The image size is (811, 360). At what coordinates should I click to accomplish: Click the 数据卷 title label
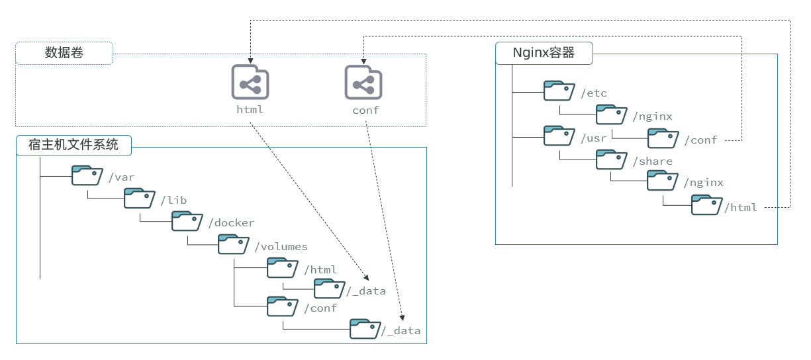click(64, 53)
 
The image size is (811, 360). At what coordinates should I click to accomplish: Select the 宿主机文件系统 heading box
click(73, 145)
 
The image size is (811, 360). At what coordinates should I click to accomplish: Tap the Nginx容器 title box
click(544, 53)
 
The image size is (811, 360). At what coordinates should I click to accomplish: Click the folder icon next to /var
click(87, 175)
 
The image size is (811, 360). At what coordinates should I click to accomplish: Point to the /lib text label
click(173, 200)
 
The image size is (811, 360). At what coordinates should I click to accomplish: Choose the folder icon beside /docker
click(187, 221)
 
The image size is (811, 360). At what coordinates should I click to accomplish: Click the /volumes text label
click(281, 247)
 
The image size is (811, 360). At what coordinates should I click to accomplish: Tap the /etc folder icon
click(559, 91)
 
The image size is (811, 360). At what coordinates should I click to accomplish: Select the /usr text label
click(594, 138)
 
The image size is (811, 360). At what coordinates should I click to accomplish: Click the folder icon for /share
click(610, 159)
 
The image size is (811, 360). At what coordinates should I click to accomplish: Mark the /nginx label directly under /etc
click(652, 117)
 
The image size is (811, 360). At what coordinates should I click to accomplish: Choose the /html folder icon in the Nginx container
click(706, 204)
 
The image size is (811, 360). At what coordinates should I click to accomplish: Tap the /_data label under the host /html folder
click(366, 291)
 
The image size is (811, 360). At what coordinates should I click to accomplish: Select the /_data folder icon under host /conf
click(365, 329)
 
